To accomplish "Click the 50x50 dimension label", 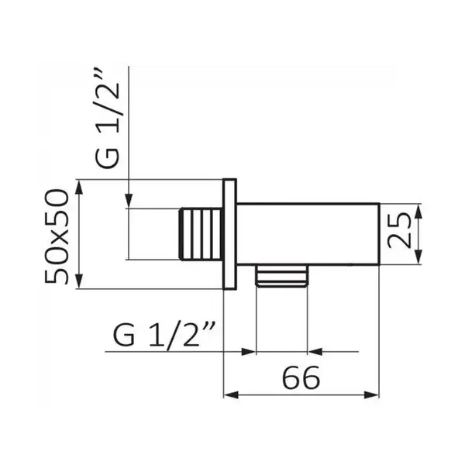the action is tap(57, 236).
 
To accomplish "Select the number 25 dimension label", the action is tap(399, 231).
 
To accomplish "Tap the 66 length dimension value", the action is tap(301, 377).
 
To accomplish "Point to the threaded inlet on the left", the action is tap(201, 234).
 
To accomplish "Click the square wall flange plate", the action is tap(229, 234).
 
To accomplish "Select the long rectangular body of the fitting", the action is tap(308, 234).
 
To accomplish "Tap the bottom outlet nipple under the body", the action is tap(282, 275).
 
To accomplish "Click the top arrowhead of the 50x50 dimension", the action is tap(79, 188).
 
